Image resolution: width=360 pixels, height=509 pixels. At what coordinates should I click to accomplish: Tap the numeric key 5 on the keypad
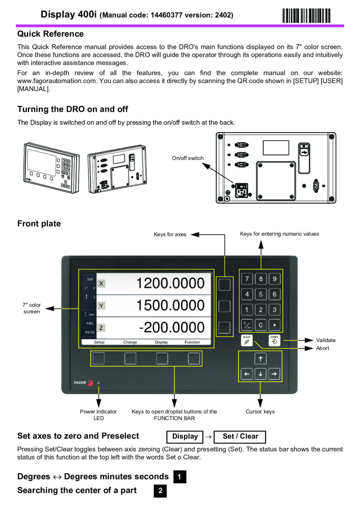(261, 294)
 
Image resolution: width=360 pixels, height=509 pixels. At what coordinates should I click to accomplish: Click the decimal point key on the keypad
(274, 325)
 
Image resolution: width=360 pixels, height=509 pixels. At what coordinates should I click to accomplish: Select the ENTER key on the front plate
(274, 340)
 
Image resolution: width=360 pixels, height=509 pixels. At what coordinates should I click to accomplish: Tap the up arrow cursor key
(261, 358)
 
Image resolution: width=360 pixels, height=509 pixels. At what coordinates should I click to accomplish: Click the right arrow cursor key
(274, 374)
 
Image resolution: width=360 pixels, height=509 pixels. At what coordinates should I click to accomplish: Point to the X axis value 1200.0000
(171, 283)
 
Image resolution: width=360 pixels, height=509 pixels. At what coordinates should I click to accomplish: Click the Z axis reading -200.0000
(172, 328)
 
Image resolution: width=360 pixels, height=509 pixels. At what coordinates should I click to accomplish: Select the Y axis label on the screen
(101, 306)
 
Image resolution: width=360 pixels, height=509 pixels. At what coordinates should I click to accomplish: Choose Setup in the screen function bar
(99, 342)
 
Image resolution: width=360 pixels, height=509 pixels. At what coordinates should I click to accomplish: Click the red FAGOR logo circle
(90, 383)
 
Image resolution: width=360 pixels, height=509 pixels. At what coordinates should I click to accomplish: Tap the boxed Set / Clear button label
(241, 436)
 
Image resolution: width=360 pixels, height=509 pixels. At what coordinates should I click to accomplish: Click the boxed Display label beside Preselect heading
(184, 436)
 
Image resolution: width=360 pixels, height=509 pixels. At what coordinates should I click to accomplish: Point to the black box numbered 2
(160, 491)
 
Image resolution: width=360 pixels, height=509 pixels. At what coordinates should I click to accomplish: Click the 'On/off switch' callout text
(187, 158)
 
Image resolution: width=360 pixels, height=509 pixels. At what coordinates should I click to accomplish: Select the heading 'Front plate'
(39, 224)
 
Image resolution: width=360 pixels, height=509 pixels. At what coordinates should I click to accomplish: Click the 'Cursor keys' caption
(260, 412)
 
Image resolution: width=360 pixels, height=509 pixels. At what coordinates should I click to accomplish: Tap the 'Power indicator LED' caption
(98, 415)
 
